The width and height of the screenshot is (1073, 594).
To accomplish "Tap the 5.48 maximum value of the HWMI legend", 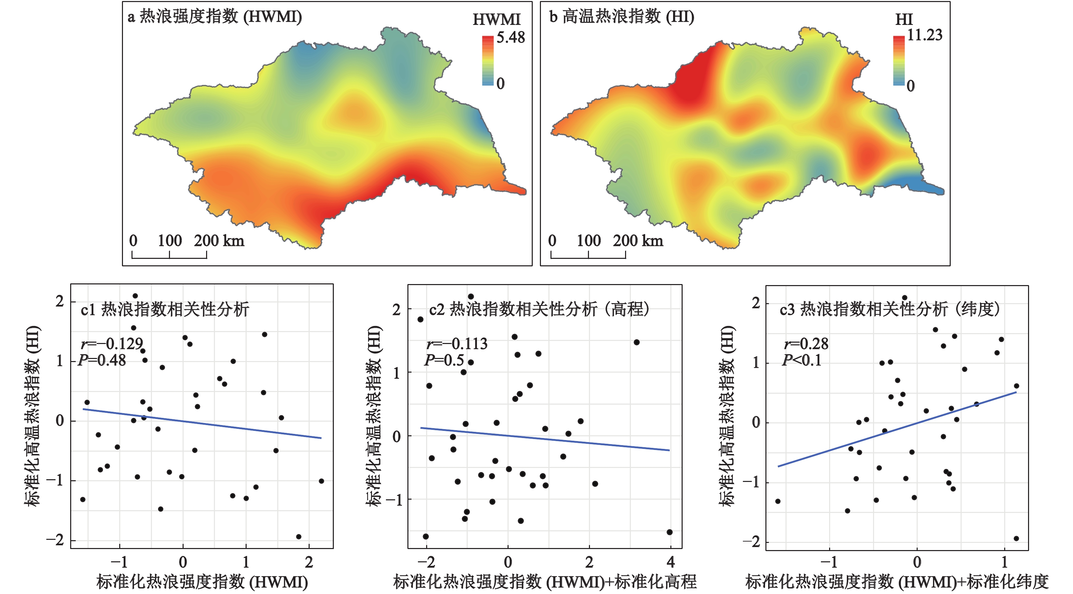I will point(511,38).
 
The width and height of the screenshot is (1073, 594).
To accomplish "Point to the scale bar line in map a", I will point(169,258).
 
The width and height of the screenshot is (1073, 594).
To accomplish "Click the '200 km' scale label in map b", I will point(638,241).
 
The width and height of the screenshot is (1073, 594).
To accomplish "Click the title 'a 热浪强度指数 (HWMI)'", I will point(215,17).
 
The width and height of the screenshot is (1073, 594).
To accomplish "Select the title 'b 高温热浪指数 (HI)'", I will point(621,17).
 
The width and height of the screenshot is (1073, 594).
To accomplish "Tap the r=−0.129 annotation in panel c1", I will point(112,344).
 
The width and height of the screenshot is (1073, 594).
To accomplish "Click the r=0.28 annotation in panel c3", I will point(806,344).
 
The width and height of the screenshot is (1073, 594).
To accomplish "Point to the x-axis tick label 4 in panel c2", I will point(670,562).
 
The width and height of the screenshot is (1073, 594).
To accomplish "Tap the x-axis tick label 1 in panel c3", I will point(1005,562).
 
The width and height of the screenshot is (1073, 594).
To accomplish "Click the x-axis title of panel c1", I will point(202,582).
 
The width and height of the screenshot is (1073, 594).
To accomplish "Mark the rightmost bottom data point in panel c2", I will point(669,532).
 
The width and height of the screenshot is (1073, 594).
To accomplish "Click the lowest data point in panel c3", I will point(1016,538).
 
